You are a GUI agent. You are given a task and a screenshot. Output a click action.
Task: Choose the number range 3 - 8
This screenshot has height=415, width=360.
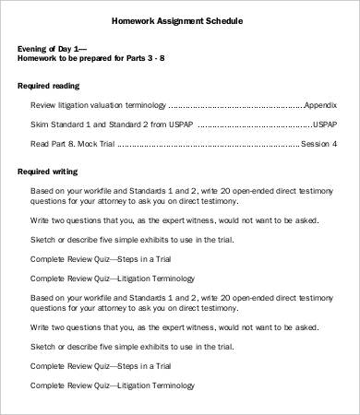(180, 57)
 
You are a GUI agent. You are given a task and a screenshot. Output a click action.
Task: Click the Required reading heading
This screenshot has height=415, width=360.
(50, 85)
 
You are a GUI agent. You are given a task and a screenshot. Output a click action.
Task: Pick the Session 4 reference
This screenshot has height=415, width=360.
(320, 145)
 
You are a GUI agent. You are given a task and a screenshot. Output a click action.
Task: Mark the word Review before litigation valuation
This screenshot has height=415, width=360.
(43, 106)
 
